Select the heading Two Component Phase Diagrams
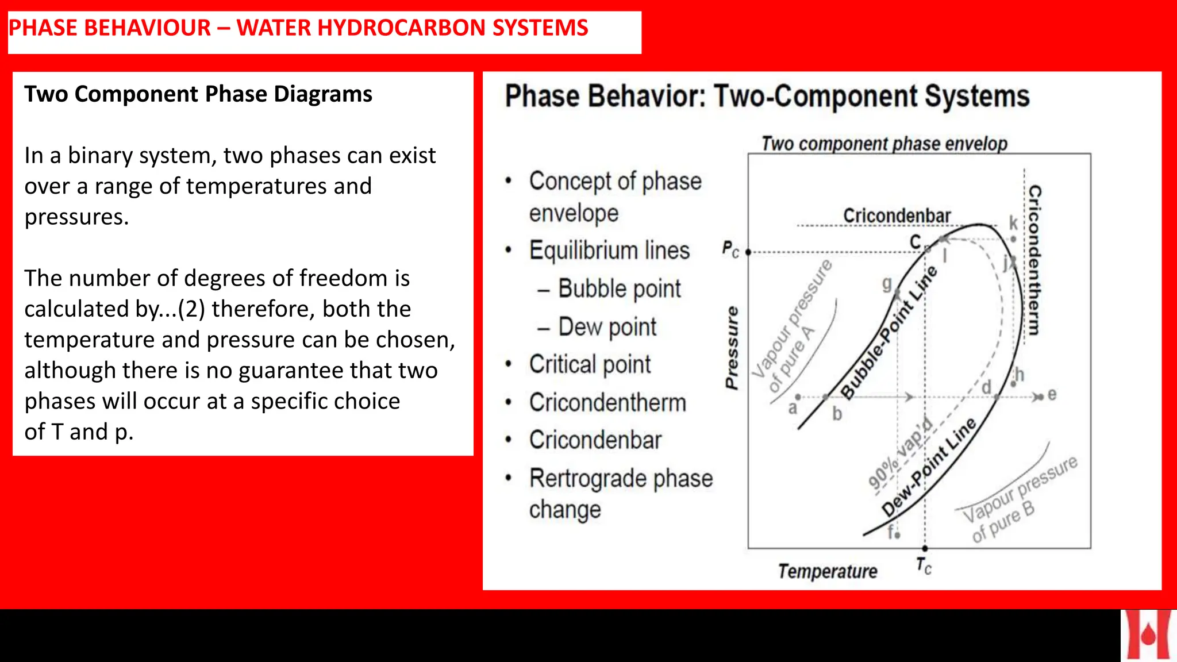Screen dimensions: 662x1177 pyautogui.click(x=198, y=94)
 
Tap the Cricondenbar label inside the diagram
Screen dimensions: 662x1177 pyautogui.click(x=897, y=216)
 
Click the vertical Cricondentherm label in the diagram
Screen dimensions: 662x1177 pyautogui.click(x=1034, y=260)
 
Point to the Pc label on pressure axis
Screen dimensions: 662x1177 pyautogui.click(x=730, y=250)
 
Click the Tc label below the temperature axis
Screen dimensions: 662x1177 pyautogui.click(x=924, y=566)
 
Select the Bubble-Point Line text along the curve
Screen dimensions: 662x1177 pyautogui.click(x=888, y=333)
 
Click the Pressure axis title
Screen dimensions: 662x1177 pyautogui.click(x=731, y=348)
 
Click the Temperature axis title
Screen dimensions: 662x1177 pyautogui.click(x=828, y=571)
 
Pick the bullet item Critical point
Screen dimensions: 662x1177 pyautogui.click(x=590, y=364)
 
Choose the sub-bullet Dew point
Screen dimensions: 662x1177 pyautogui.click(x=607, y=327)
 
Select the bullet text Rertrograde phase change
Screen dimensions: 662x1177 pyautogui.click(x=621, y=493)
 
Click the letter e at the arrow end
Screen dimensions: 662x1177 pyautogui.click(x=1052, y=395)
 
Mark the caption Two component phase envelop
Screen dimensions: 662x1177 pyautogui.click(x=884, y=144)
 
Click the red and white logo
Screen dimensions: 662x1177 pyautogui.click(x=1148, y=636)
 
